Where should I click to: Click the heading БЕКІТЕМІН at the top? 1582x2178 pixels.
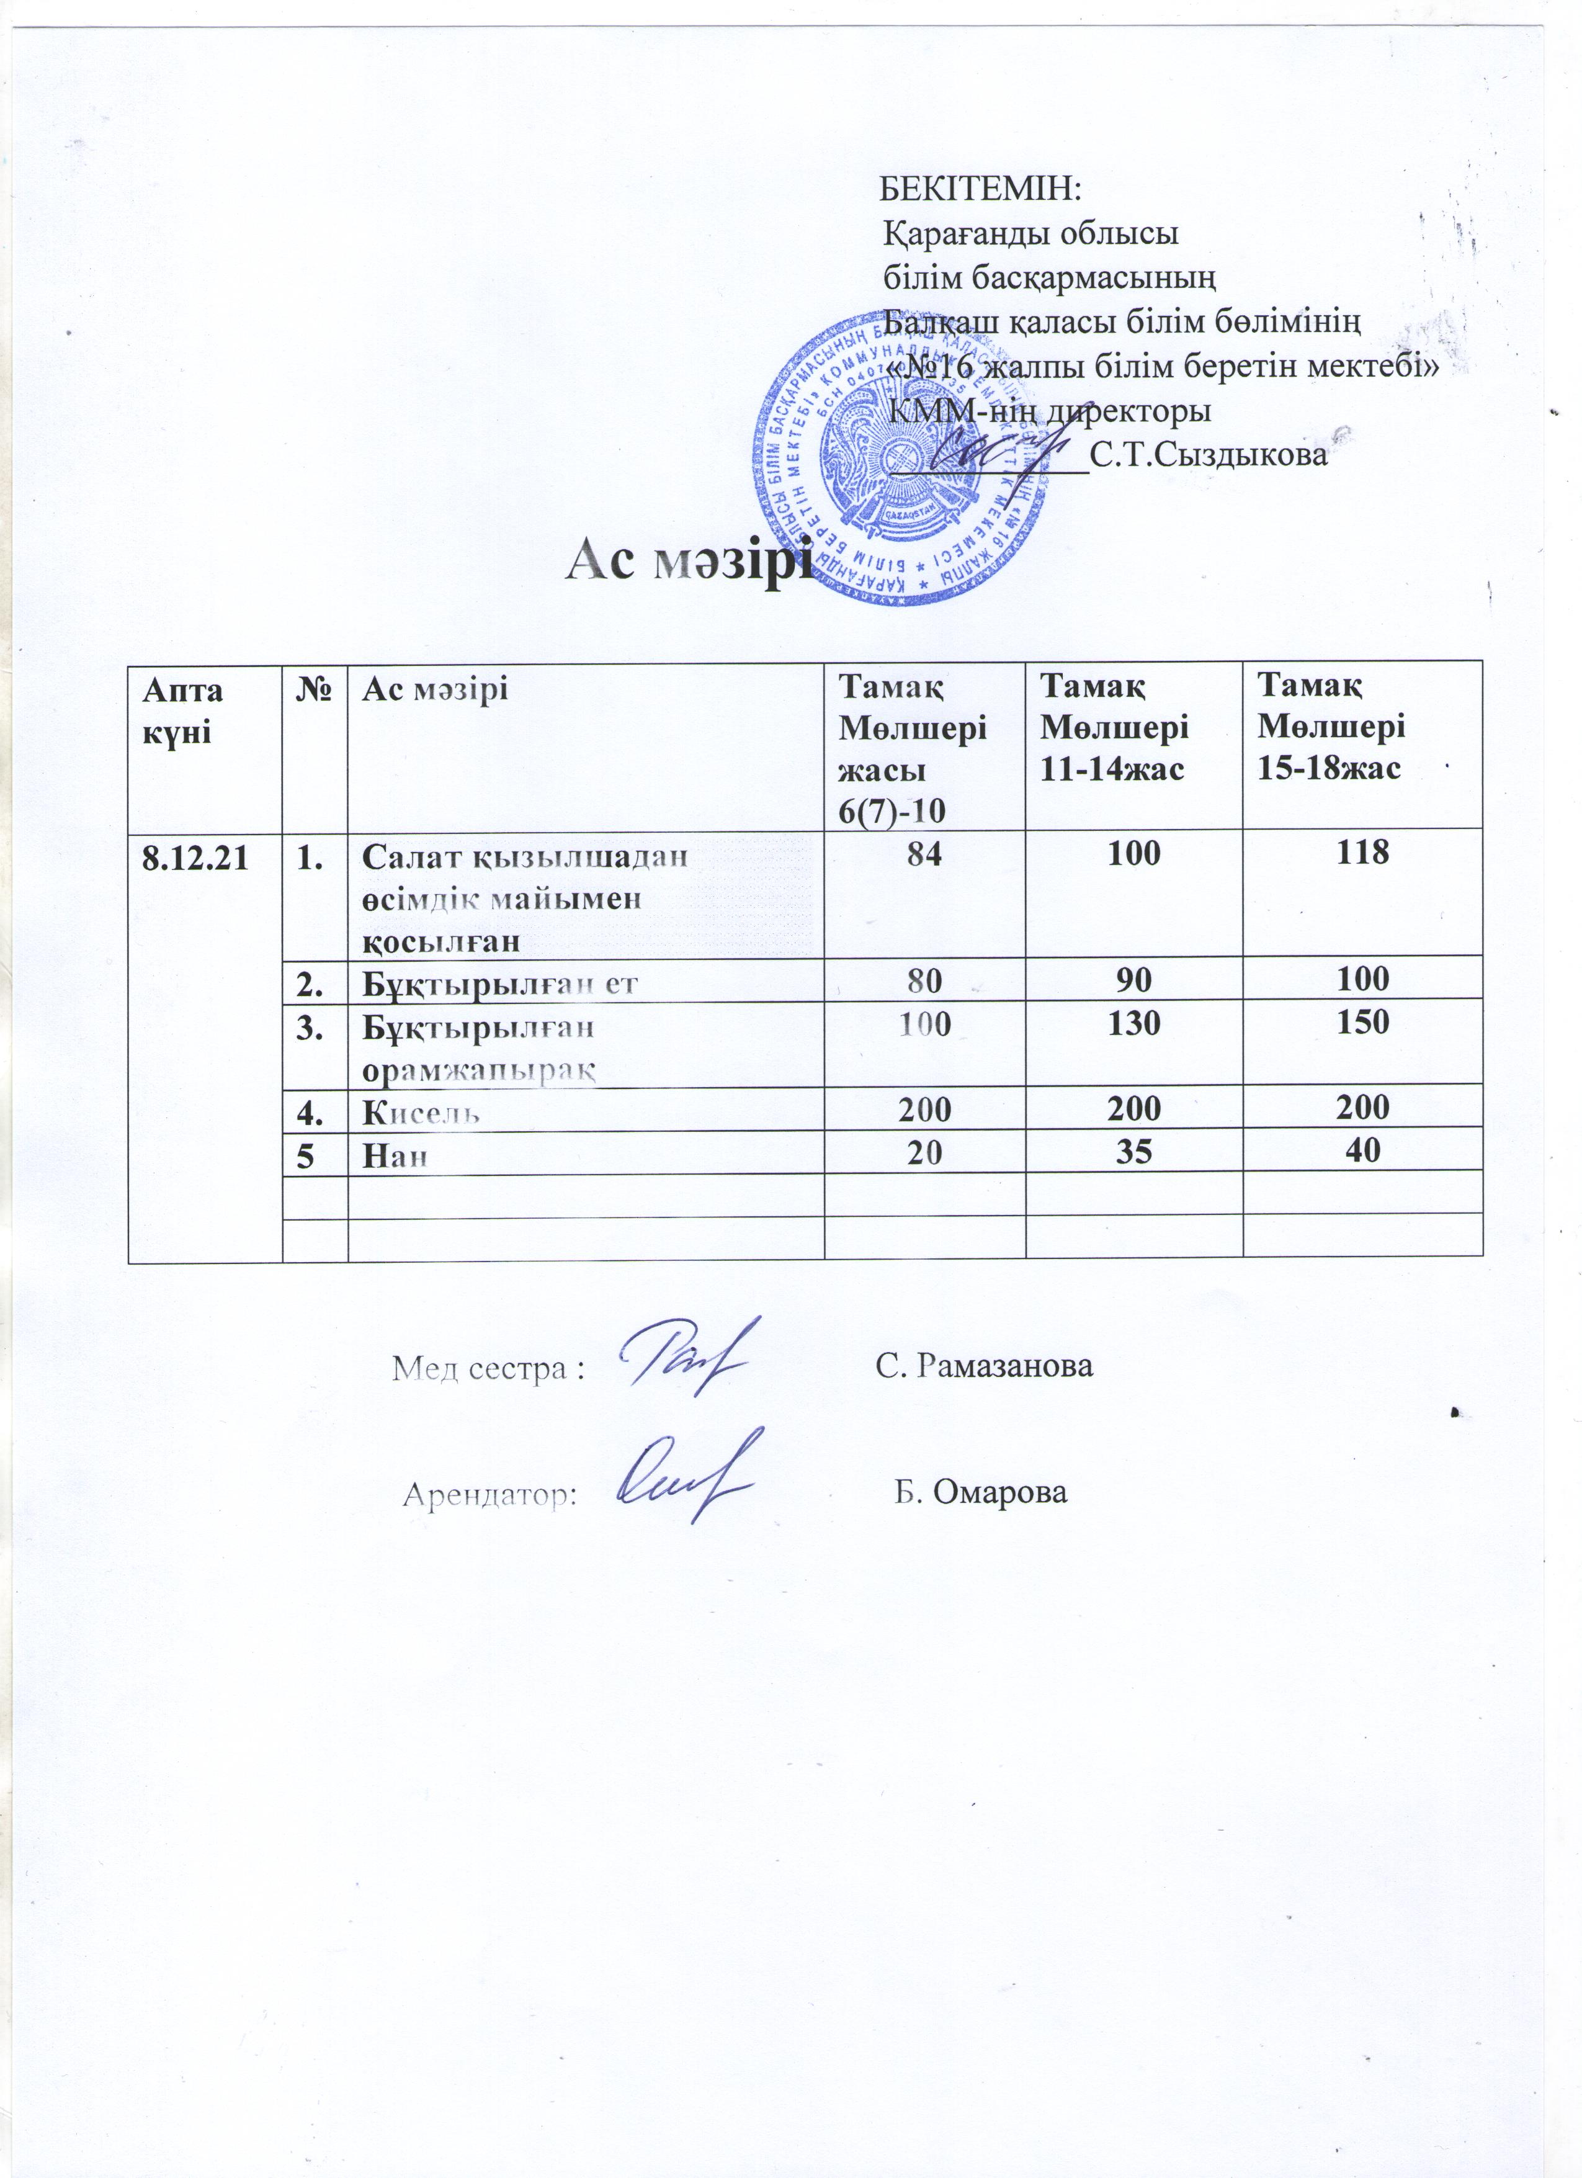[980, 188]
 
